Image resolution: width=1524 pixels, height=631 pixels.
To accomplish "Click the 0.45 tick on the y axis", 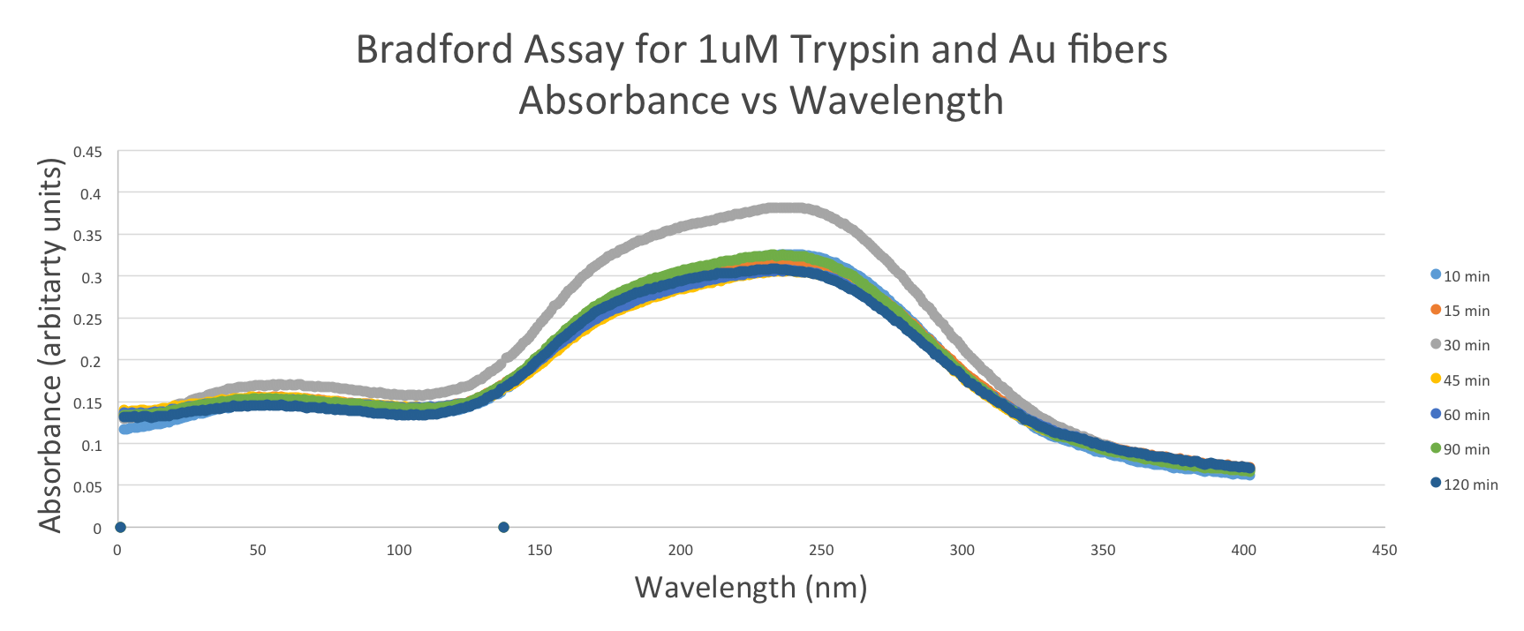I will coord(87,152).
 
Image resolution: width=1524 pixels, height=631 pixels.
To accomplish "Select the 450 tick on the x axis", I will coord(1384,551).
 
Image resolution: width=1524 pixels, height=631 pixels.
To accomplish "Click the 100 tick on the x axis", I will coord(399,551).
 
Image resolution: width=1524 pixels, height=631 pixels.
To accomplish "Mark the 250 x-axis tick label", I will coord(821,551).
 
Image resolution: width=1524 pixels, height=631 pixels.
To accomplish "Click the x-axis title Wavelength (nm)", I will coord(751,587).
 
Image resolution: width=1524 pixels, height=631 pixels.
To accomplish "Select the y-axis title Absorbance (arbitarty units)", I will coord(51,344).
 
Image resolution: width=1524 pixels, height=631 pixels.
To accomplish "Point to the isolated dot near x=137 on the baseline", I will coord(503,528).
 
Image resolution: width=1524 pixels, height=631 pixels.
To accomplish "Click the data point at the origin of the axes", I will coord(120,528).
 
